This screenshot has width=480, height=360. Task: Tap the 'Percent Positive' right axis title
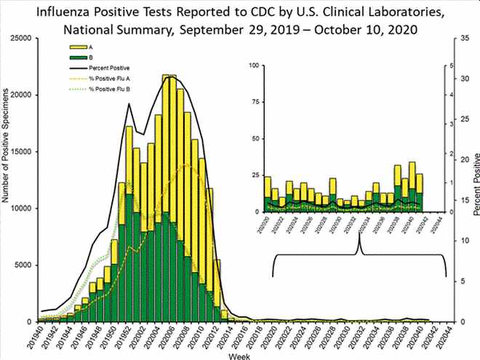pyautogui.click(x=475, y=185)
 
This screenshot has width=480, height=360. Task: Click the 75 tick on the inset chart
pyautogui.click(x=255, y=102)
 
